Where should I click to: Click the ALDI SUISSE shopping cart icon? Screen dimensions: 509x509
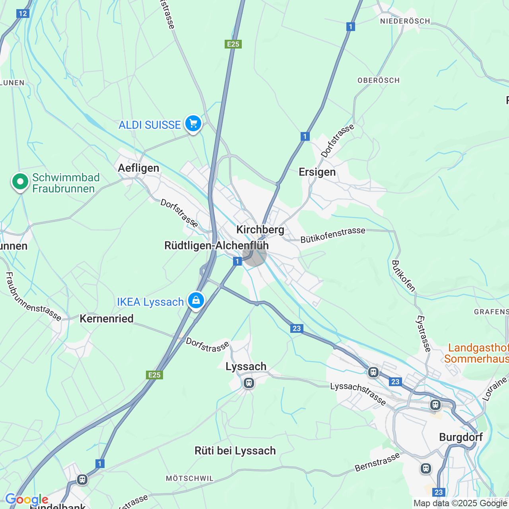[x=193, y=124]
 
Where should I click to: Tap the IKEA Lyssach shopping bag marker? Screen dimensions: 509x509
[x=196, y=301]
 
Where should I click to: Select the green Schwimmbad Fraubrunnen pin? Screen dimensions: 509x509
[x=20, y=182]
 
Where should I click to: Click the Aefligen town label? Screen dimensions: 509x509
[x=138, y=168]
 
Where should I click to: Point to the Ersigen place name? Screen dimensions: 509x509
[x=317, y=172]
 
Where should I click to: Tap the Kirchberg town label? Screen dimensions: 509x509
[x=260, y=230]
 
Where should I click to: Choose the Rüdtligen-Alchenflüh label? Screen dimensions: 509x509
[x=216, y=246]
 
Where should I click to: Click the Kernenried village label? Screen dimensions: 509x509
[x=107, y=319]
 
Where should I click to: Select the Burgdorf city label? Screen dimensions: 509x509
[x=461, y=437]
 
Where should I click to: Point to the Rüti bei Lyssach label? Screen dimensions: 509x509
[x=235, y=451]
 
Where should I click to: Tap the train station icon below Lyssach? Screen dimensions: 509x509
[x=249, y=383]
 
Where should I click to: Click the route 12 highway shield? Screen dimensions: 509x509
[x=23, y=14]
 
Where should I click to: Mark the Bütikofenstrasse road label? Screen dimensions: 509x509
[x=333, y=235]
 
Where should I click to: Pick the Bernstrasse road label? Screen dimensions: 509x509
[x=377, y=462]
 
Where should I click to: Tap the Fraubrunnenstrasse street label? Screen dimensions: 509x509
[x=33, y=297]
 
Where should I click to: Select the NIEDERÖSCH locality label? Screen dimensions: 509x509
[x=405, y=21]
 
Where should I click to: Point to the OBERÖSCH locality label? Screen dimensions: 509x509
[x=379, y=80]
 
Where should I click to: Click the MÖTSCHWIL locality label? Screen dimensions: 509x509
[x=190, y=478]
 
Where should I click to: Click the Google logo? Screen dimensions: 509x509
[x=27, y=499]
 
